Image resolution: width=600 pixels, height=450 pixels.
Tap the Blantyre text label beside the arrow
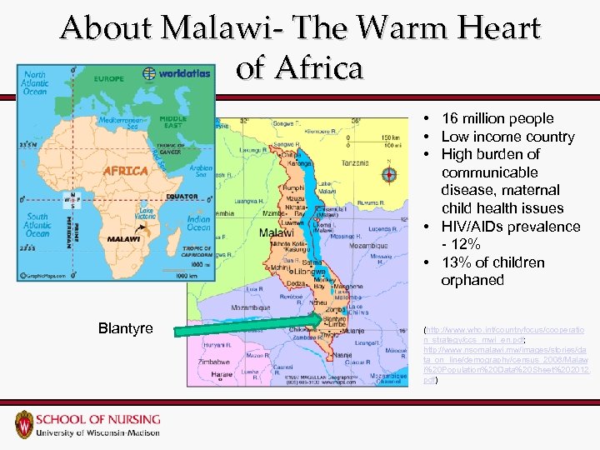point(125,328)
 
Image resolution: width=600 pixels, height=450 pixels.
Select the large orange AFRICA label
point(126,170)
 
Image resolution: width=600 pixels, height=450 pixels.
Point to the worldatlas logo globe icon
point(149,72)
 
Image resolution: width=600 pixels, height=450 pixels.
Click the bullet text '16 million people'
point(497,118)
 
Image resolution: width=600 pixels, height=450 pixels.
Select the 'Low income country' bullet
point(507,137)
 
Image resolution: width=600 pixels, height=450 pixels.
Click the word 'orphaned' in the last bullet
point(472,280)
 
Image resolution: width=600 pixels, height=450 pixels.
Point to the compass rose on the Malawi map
point(388,175)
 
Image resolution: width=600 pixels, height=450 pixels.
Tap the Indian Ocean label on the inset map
point(199,223)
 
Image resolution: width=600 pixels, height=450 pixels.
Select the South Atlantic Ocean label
point(37,225)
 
